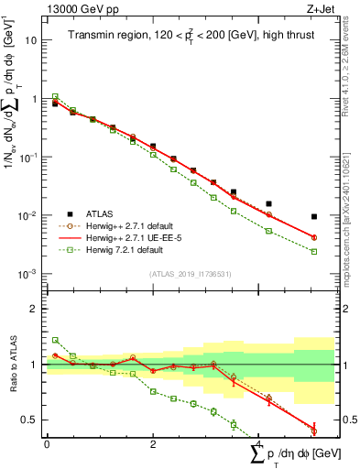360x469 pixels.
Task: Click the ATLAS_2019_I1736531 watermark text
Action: pos(190,274)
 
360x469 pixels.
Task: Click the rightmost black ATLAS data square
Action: pos(314,217)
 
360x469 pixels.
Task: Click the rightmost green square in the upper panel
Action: pos(314,251)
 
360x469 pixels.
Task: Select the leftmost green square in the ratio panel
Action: pos(55,340)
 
